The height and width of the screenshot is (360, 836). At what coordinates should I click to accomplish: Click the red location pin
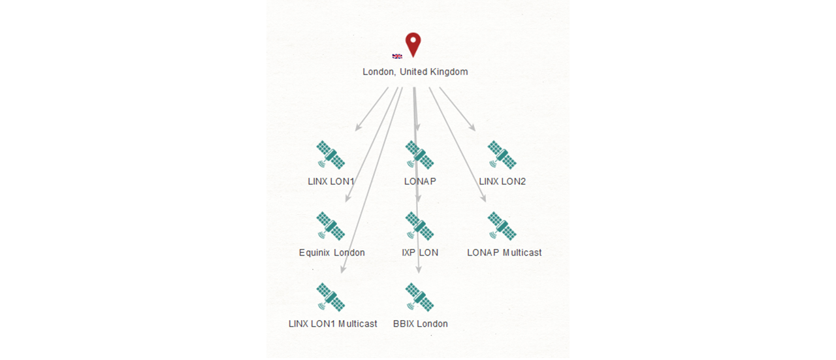point(413,44)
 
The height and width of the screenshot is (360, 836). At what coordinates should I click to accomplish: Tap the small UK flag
point(397,56)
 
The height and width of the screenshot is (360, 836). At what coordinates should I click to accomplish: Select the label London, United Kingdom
point(415,72)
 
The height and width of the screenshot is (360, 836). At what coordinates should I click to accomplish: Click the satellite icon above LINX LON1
point(330,155)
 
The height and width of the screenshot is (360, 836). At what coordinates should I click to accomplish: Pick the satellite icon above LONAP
point(419,155)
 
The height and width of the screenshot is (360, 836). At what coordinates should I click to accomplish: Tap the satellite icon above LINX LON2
point(502,155)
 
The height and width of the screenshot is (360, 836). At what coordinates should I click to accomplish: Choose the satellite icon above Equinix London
point(330,226)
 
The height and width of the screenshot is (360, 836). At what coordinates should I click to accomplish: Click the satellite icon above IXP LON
point(419,226)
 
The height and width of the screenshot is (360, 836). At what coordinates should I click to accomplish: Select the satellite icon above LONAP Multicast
point(502,226)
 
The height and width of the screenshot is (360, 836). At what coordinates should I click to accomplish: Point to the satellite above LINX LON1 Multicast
point(330,297)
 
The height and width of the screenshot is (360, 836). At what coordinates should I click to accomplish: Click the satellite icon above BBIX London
point(419,297)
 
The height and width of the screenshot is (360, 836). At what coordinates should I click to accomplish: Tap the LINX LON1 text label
point(330,182)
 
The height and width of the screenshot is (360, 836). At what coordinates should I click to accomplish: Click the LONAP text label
point(420,182)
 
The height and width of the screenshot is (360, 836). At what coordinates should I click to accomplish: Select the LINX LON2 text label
point(502,182)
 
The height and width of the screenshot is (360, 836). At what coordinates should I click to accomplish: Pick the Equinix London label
point(332,253)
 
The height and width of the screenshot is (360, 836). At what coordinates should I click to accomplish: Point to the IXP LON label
point(420,253)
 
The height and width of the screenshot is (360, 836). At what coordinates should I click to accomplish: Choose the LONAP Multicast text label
point(504,253)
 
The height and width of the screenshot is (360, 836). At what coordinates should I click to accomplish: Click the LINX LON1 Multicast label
point(332,324)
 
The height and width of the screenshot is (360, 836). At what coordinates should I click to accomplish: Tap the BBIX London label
point(420,324)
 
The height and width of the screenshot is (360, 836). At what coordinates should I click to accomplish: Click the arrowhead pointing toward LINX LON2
point(472,127)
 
